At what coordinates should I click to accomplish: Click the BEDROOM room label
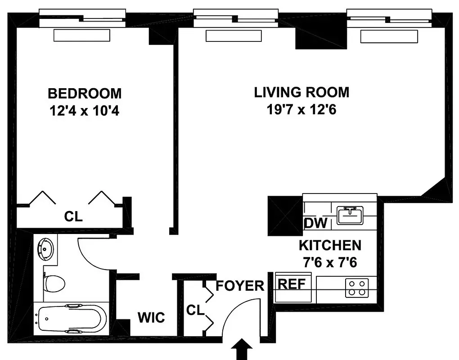click(x=85, y=93)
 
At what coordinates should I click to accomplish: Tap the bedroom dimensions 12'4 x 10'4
click(x=85, y=110)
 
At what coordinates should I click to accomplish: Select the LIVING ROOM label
click(x=301, y=92)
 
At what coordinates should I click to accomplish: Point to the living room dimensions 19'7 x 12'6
click(x=301, y=109)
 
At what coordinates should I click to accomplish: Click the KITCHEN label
click(x=330, y=245)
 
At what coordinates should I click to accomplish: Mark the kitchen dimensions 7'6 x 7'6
click(x=330, y=262)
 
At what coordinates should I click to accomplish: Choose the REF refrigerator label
click(x=292, y=284)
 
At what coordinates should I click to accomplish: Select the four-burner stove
click(x=357, y=288)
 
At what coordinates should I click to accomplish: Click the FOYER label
click(x=240, y=286)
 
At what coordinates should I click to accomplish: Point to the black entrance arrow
click(x=242, y=349)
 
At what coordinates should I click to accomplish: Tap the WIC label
click(x=151, y=318)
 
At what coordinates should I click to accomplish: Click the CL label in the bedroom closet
click(x=73, y=217)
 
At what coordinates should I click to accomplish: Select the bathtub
click(x=72, y=319)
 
